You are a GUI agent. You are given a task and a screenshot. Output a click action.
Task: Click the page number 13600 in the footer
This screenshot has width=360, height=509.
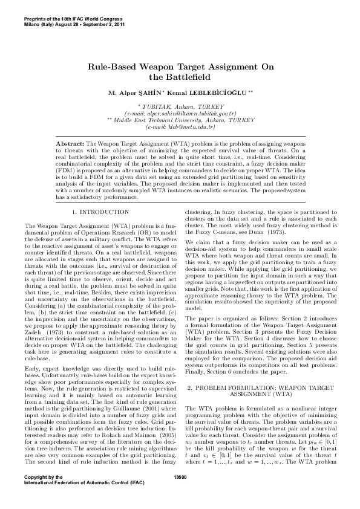pyautogui.click(x=180, y=493)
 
